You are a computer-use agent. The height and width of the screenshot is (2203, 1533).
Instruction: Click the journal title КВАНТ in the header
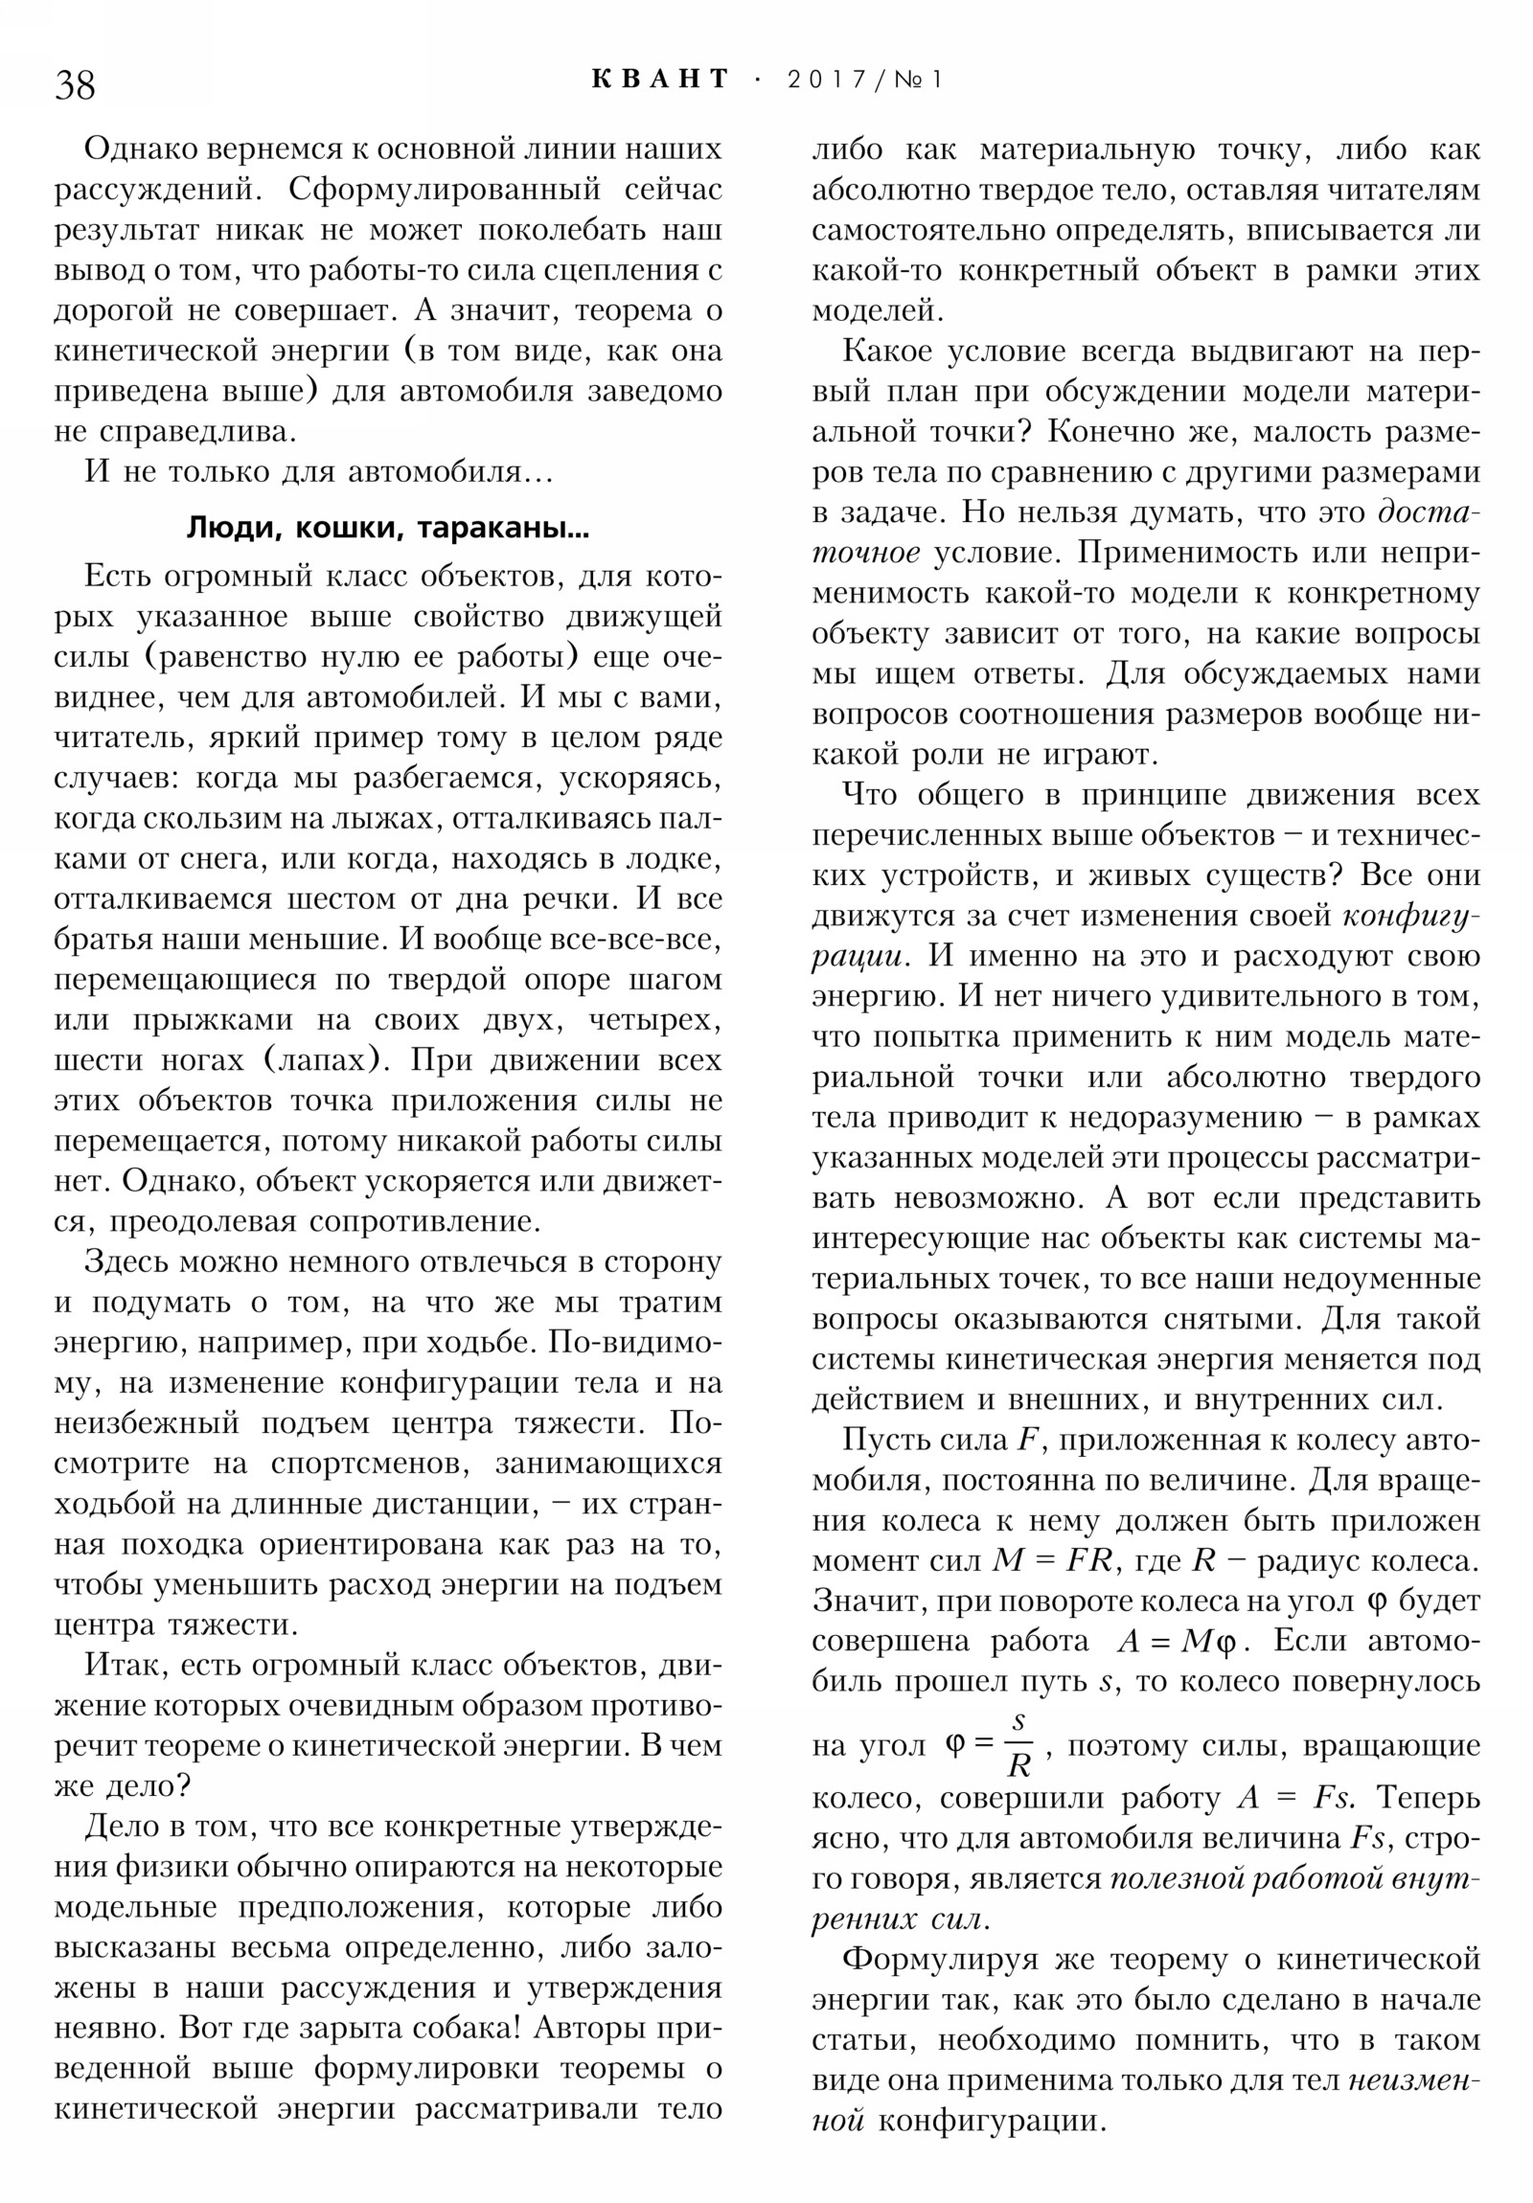(x=660, y=79)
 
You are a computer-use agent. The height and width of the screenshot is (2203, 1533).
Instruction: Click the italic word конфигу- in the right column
(x=1411, y=917)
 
